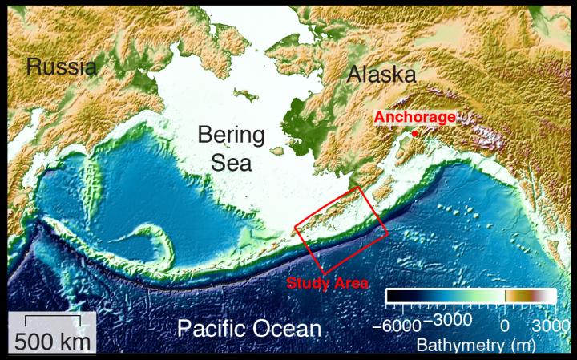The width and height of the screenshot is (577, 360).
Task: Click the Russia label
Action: click(x=62, y=66)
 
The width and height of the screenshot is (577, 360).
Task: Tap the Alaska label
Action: click(x=381, y=75)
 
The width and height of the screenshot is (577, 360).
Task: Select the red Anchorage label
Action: click(x=414, y=117)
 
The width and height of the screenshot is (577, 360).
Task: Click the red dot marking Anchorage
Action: click(x=416, y=133)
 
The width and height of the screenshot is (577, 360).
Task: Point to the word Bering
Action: click(x=232, y=134)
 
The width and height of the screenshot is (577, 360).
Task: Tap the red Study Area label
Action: click(x=327, y=282)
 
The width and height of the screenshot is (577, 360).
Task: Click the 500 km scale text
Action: click(x=51, y=339)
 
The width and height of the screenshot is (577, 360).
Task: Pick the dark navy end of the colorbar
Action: click(x=393, y=296)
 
